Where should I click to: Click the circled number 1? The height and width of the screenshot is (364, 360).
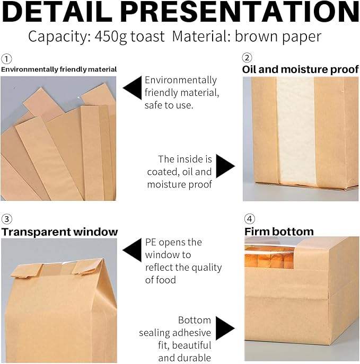pos(6,59)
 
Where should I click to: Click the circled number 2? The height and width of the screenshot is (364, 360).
pos(247,58)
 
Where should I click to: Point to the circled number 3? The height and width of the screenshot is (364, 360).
pos(6,219)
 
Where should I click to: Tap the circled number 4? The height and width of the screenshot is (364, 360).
pos(249,219)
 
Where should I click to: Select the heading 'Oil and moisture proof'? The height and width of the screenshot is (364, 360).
pos(301,69)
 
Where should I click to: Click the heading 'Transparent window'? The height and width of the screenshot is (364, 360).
pos(59,232)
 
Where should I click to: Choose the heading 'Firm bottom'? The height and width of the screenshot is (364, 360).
pos(279,232)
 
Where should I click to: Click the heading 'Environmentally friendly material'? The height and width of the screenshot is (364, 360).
pos(59,69)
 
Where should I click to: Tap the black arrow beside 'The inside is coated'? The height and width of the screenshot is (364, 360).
pos(225,166)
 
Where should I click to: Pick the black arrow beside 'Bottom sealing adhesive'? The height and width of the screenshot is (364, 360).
pos(225,329)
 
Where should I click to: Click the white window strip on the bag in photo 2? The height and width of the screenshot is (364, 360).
pos(295,132)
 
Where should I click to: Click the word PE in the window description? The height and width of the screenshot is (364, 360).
pos(151,242)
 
